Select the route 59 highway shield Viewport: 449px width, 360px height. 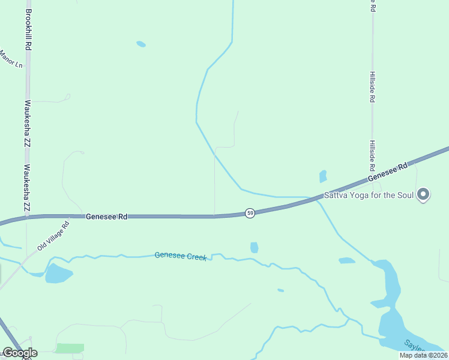pyautogui.click(x=250, y=213)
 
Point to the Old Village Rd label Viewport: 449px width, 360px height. pyautogui.click(x=53, y=236)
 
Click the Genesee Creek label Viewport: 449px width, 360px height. pyautogui.click(x=181, y=256)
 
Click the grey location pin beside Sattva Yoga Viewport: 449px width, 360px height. pyautogui.click(x=423, y=194)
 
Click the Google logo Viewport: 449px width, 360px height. pyautogui.click(x=20, y=353)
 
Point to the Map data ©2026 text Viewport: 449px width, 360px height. pyautogui.click(x=423, y=355)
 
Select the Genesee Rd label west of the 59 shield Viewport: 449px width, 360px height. pyautogui.click(x=106, y=216)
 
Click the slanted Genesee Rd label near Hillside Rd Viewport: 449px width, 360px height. pyautogui.click(x=388, y=172)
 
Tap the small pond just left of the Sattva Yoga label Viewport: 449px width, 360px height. pyautogui.click(x=323, y=176)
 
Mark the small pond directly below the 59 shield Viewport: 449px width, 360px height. pyautogui.click(x=255, y=247)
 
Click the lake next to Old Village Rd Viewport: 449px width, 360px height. pyautogui.click(x=58, y=274)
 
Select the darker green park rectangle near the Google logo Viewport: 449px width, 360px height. pyautogui.click(x=70, y=348)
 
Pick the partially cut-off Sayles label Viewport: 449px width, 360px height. pyautogui.click(x=414, y=346)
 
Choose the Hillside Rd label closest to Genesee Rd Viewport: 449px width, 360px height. pyautogui.click(x=372, y=155)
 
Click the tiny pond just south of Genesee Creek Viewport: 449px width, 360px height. pyautogui.click(x=280, y=290)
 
